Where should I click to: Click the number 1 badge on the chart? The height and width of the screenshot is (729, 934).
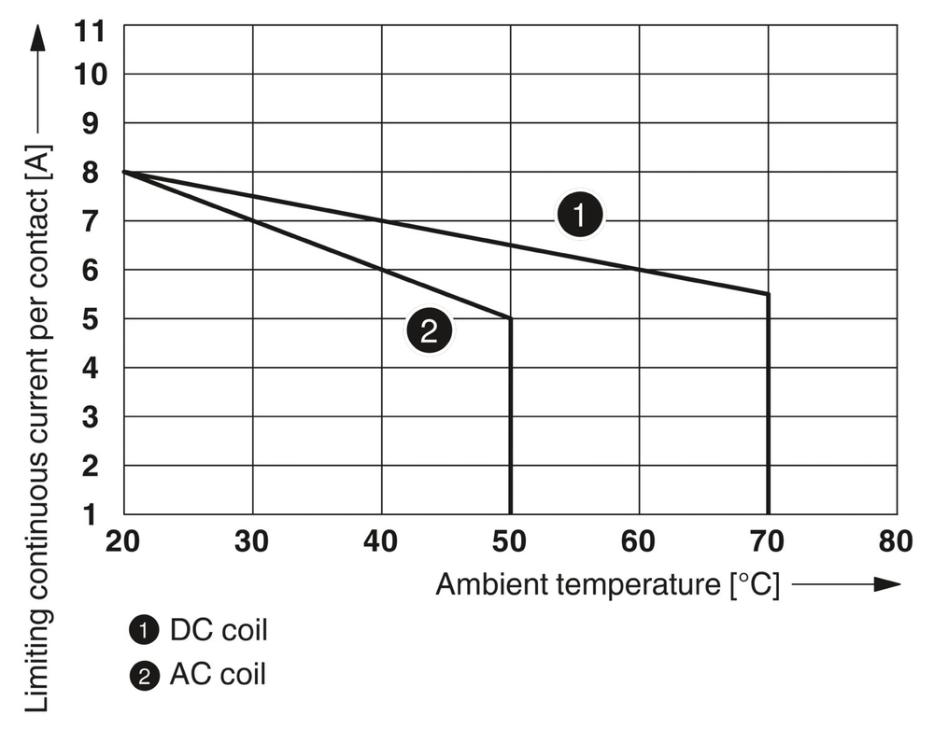coord(580,216)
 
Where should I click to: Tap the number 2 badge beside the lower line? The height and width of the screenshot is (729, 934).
coord(429,331)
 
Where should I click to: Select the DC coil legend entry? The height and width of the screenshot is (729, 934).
coord(198,631)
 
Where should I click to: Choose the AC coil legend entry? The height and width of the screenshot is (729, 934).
coord(198,674)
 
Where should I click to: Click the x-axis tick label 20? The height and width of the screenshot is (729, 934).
coord(123,542)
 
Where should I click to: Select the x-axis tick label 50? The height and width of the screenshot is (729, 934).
coord(510,542)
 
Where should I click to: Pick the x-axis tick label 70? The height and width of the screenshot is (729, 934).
coord(768,542)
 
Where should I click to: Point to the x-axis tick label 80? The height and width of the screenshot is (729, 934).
coord(896,542)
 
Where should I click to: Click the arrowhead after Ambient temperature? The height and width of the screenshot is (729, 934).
coord(886,585)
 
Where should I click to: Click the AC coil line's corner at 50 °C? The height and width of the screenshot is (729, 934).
coord(510,318)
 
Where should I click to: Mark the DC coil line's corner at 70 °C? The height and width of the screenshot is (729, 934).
coord(768,294)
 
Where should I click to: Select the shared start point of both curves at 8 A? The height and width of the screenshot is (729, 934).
coord(124,172)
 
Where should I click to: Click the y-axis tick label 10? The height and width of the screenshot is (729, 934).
coord(92,75)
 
